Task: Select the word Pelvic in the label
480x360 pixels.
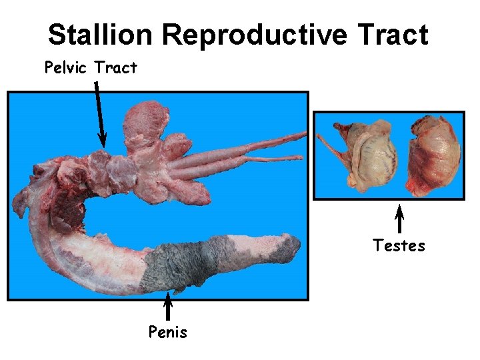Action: point(66,67)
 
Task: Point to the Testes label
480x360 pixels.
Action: point(399,246)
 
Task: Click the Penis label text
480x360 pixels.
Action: point(168,331)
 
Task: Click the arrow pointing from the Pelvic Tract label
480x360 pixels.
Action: point(99,113)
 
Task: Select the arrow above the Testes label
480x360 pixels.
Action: point(399,220)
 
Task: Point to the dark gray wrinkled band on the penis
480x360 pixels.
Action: point(180,267)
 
